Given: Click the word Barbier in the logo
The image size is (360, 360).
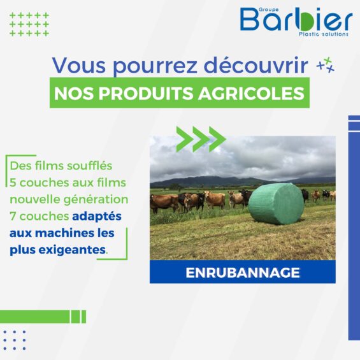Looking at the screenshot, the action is point(296,19).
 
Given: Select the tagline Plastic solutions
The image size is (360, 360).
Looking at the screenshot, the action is point(324,34).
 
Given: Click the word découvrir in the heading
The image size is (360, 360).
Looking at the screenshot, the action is point(256,65).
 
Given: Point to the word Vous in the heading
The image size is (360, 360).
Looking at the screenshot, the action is point(79,65).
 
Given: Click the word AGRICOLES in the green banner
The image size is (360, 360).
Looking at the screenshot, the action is point(252,93).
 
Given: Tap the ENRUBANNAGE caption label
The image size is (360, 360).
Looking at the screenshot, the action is point(243,273).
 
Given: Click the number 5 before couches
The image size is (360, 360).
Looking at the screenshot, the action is point(13,183).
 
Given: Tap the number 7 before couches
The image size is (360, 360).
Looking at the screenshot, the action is point(13,216).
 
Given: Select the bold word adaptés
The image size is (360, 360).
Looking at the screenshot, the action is point(97,217).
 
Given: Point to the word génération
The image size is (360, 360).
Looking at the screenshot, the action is point(96,199).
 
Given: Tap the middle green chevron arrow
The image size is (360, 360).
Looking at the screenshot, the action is point(201,139).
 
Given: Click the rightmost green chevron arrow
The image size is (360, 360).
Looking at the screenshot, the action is point(218,139).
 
